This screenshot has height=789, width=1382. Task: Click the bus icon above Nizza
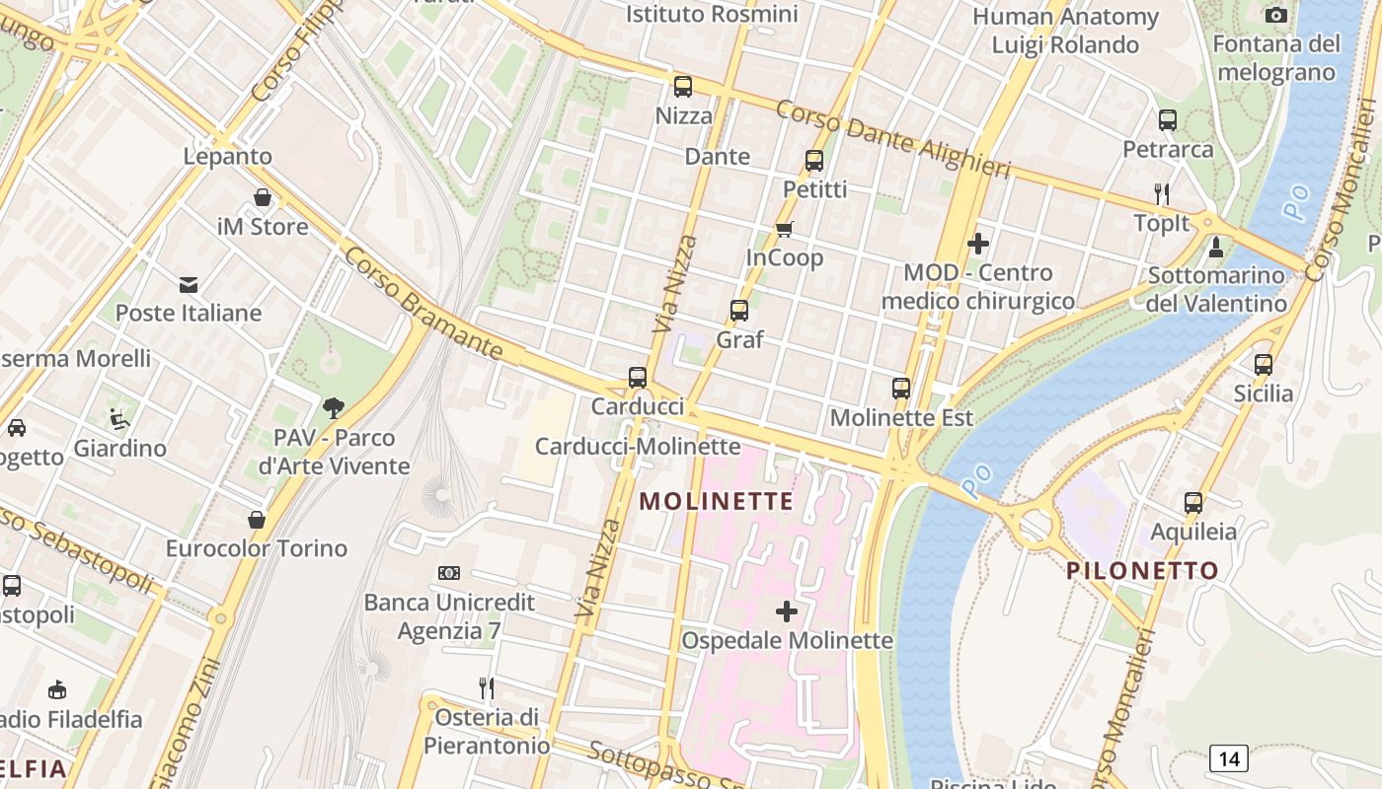(682, 86)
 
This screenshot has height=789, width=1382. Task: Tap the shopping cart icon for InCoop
(784, 229)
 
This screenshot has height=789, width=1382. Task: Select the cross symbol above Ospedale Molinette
(787, 611)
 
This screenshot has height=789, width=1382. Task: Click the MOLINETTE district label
(717, 501)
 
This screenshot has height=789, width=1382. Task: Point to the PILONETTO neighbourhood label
(1142, 570)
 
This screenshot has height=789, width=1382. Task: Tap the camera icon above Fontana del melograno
(1276, 15)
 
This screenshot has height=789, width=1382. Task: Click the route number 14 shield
(1228, 758)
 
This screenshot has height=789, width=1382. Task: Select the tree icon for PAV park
(334, 407)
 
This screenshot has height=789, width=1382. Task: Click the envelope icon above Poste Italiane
(189, 285)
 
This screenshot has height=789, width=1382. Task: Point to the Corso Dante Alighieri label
(892, 139)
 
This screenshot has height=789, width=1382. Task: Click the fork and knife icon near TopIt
(1162, 193)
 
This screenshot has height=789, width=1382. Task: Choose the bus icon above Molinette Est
(901, 389)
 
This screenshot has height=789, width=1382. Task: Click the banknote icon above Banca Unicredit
(449, 573)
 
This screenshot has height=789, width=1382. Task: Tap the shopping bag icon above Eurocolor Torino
(257, 519)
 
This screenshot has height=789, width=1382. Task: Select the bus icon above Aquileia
(1193, 502)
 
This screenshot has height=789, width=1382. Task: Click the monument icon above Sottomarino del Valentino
(1216, 247)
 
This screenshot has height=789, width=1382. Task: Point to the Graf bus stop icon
(739, 311)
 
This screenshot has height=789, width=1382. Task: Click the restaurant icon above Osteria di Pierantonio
(486, 687)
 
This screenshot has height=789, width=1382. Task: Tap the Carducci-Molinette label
(638, 446)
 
